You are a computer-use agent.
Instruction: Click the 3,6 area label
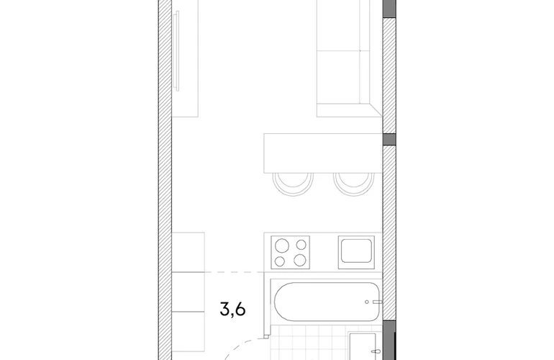[x=232, y=309]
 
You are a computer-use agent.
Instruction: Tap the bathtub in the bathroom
[x=327, y=302]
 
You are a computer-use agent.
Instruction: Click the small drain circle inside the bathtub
[x=367, y=302]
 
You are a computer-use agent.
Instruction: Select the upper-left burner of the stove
[x=282, y=246]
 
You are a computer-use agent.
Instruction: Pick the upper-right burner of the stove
[x=301, y=245]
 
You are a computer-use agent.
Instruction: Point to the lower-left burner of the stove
[x=280, y=261]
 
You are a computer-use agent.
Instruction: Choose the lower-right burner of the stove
[x=299, y=260]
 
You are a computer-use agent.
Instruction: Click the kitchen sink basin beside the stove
[x=356, y=251]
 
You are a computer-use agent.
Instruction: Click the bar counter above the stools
[x=323, y=153]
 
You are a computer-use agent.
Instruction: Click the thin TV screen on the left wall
[x=178, y=51]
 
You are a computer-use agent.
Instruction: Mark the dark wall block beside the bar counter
[x=389, y=140]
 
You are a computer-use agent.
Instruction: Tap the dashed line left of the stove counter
[x=235, y=272]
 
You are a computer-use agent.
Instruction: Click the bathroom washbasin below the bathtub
[x=363, y=346]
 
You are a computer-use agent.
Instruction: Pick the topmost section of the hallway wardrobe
[x=189, y=252]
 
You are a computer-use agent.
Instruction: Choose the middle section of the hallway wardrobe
[x=189, y=292]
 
